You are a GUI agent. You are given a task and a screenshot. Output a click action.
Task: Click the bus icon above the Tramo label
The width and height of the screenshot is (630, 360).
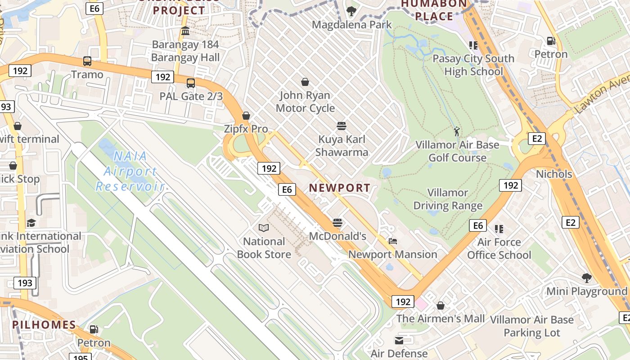pyautogui.click(x=87, y=61)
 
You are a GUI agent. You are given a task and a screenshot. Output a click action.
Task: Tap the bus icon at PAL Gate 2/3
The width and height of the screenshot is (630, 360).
pyautogui.click(x=191, y=83)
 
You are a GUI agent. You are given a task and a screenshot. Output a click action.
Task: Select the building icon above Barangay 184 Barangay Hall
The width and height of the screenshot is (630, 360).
pyautogui.click(x=185, y=31)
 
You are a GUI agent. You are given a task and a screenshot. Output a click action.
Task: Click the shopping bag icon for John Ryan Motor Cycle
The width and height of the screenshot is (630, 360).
pyautogui.click(x=305, y=82)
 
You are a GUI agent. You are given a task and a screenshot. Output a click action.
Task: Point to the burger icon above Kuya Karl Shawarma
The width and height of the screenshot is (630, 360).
pyautogui.click(x=342, y=126)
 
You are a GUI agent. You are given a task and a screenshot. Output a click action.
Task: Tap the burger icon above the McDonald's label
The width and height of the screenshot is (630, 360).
pyautogui.click(x=337, y=223)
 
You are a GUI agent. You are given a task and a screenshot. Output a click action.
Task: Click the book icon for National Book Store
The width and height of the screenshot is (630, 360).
pyautogui.click(x=264, y=228)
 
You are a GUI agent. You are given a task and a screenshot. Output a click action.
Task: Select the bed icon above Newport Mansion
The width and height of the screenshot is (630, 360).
pyautogui.click(x=393, y=241)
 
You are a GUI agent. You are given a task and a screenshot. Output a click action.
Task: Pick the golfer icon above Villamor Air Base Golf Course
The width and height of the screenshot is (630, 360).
pyautogui.click(x=457, y=132)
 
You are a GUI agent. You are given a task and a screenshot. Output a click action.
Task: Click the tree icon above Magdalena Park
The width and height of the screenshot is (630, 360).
pyautogui.click(x=351, y=11)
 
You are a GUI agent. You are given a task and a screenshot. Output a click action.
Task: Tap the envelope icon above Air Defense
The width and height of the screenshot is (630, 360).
pyautogui.click(x=399, y=340)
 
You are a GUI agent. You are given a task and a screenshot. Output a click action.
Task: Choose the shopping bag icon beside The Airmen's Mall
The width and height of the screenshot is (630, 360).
pyautogui.click(x=441, y=306)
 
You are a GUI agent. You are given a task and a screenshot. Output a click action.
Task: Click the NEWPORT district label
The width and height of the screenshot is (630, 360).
pyautogui.click(x=340, y=188)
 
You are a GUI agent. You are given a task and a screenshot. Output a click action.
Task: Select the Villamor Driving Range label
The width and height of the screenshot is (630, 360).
pyautogui.click(x=448, y=199)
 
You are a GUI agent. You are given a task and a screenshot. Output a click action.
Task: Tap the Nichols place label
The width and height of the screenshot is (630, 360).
pyautogui.click(x=554, y=174)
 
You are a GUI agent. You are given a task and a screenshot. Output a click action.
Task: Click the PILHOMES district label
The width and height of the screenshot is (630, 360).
pyautogui.click(x=44, y=324)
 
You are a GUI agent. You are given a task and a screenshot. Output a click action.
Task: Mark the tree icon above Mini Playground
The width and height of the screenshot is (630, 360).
pyautogui.click(x=586, y=278)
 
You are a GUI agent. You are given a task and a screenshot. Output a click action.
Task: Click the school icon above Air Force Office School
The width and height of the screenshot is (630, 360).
pyautogui.click(x=499, y=229)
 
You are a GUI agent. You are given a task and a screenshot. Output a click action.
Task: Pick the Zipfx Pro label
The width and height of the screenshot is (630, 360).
pyautogui.click(x=246, y=129)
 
